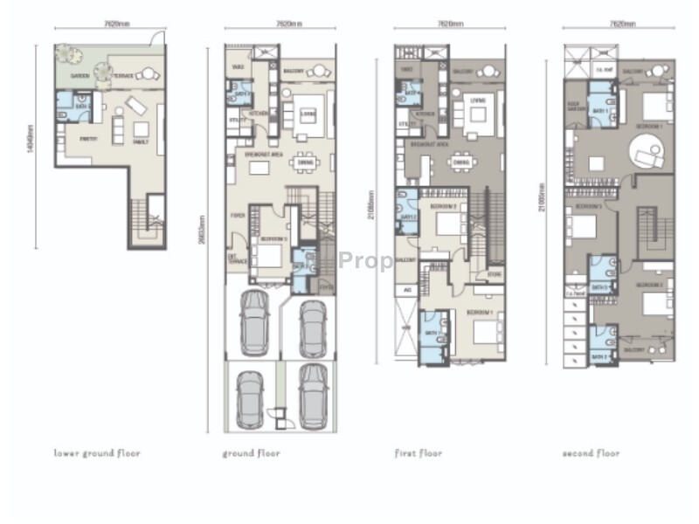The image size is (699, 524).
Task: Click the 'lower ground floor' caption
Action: [x=97, y=453]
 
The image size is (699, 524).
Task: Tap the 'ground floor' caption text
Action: [x=251, y=453]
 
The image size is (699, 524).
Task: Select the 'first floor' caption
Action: [x=419, y=453]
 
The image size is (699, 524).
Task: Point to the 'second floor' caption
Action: [x=592, y=453]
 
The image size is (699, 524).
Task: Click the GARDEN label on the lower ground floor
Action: [x=80, y=76]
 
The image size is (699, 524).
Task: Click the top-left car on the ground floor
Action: [x=253, y=321]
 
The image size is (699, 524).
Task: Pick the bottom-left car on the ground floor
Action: [x=251, y=399]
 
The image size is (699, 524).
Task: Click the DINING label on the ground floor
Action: [x=304, y=162]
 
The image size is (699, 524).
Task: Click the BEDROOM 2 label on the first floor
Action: [x=445, y=206]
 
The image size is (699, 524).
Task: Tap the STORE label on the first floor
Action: [x=495, y=272]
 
